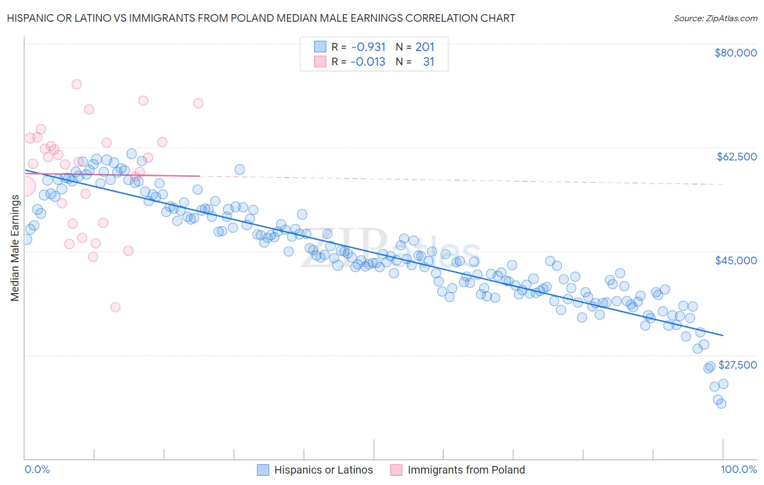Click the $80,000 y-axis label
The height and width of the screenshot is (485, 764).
click(736, 53)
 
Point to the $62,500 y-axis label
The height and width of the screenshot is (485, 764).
click(736, 157)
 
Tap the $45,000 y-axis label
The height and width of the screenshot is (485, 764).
click(736, 260)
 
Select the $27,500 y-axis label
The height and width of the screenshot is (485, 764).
click(737, 365)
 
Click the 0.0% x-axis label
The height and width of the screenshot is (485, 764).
click(37, 470)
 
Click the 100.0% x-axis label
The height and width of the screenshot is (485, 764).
click(738, 470)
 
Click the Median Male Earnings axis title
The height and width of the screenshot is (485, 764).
click(15, 248)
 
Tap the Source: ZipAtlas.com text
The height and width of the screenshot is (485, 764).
click(715, 18)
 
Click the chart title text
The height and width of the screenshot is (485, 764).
click(261, 18)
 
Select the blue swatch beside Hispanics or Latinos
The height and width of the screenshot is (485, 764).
click(263, 470)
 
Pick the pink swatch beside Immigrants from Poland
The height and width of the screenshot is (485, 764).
click(396, 470)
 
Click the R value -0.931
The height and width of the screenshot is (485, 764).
click(368, 47)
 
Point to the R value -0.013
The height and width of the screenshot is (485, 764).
click(368, 62)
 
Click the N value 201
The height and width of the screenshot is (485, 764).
click(425, 47)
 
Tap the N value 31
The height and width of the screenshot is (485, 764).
click(429, 62)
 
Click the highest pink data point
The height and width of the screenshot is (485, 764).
click(77, 84)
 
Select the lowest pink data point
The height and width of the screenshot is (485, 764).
click(115, 307)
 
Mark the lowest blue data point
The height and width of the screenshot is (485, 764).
click(721, 403)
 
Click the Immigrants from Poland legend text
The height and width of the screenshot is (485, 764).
click(466, 470)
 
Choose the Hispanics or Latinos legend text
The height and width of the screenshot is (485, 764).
click(323, 470)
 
